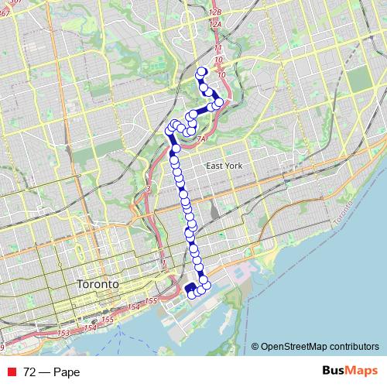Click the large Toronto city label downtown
(x=98, y=284)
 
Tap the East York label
(x=224, y=166)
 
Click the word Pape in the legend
(x=67, y=372)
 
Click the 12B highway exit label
(x=216, y=13)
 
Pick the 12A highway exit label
(x=216, y=25)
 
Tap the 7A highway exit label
(x=200, y=139)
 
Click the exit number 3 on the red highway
(x=146, y=189)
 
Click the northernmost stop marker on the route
(x=202, y=72)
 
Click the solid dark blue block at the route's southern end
(x=190, y=290)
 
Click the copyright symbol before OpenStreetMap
(x=256, y=346)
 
